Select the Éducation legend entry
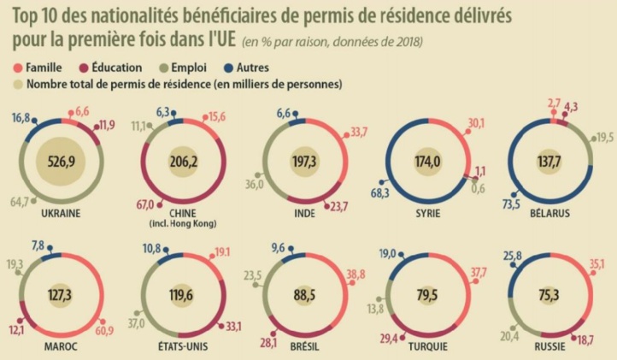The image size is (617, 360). (109, 67)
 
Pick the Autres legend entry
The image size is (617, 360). (256, 67)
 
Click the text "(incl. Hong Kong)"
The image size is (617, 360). (180, 224)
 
